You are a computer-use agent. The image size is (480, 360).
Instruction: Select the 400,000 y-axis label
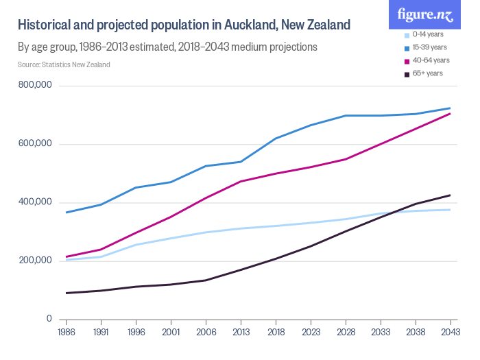[x=36, y=202]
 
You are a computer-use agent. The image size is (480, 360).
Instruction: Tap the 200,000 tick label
[x=36, y=260]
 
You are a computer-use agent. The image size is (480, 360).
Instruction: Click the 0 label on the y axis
[x=49, y=318]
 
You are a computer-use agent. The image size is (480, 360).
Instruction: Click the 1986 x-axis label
[x=66, y=332]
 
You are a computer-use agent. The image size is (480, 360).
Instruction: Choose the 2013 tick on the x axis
[x=241, y=332]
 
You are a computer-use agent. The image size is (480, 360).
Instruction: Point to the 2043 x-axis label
[x=450, y=332]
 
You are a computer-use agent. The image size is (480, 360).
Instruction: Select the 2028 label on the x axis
[x=346, y=332]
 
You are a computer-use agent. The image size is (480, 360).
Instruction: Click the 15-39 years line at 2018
[x=276, y=139]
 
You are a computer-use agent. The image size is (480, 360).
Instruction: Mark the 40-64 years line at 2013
[x=241, y=181]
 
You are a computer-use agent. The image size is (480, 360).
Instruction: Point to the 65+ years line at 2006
[x=206, y=280]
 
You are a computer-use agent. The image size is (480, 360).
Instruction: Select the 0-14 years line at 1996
[x=136, y=245]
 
